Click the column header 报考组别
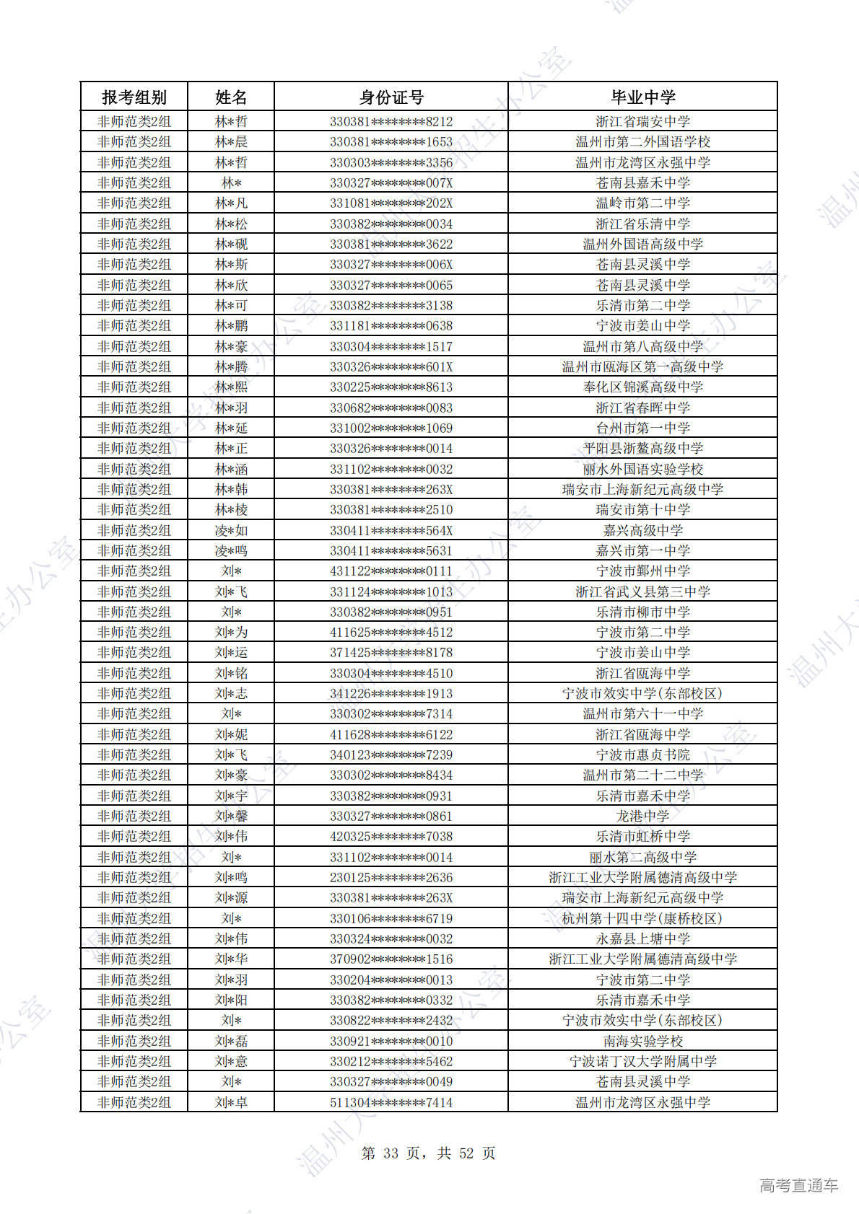(134, 97)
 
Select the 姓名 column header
(231, 97)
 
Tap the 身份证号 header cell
(391, 97)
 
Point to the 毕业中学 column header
(642, 97)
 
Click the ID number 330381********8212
(391, 121)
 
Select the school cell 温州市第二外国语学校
(642, 141)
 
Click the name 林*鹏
(231, 325)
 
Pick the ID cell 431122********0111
(391, 571)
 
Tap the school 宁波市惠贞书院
(642, 755)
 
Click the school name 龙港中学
(642, 816)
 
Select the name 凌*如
(231, 530)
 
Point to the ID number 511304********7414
(391, 1102)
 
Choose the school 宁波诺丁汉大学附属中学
(642, 1061)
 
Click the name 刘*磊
(231, 1041)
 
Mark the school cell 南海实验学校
(642, 1041)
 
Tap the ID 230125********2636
(391, 877)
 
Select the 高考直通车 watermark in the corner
(798, 1185)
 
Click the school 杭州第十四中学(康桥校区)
(642, 918)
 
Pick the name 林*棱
(231, 509)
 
